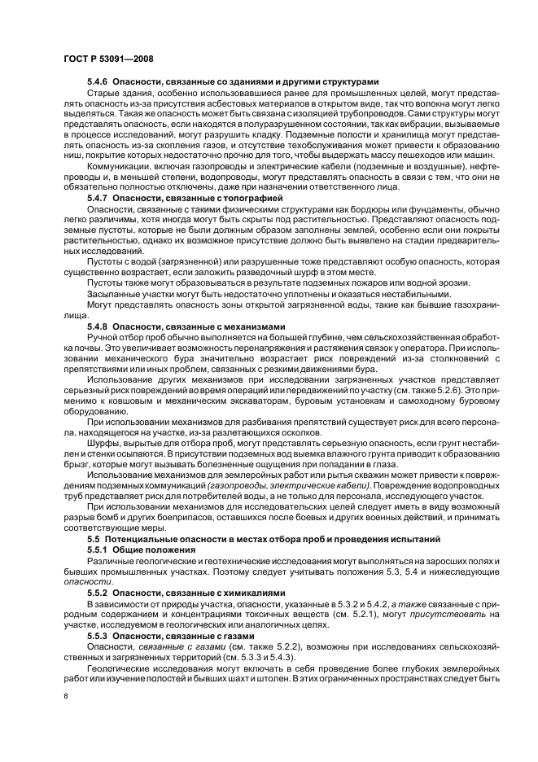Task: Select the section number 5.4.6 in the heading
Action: tap(98, 81)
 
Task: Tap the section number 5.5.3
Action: tap(98, 634)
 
